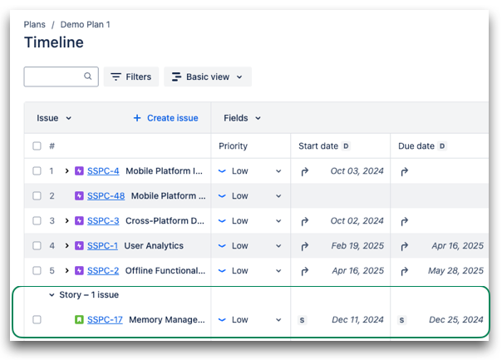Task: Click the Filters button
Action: pyautogui.click(x=131, y=77)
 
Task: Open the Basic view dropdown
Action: pyautogui.click(x=207, y=77)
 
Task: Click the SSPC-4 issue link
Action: pyautogui.click(x=103, y=171)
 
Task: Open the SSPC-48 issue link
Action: pyautogui.click(x=106, y=196)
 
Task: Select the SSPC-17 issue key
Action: pyautogui.click(x=105, y=319)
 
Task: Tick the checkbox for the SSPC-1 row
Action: pyautogui.click(x=37, y=246)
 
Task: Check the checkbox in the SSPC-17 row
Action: pyautogui.click(x=37, y=319)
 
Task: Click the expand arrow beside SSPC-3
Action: pyautogui.click(x=66, y=221)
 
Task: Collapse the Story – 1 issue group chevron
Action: pyautogui.click(x=52, y=295)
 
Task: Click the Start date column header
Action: pyautogui.click(x=318, y=146)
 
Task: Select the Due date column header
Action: pyautogui.click(x=416, y=146)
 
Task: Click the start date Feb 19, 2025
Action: pyautogui.click(x=357, y=246)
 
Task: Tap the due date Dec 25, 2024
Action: pyautogui.click(x=455, y=319)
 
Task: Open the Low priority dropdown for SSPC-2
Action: pyautogui.click(x=250, y=271)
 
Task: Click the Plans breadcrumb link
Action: pyautogui.click(x=34, y=25)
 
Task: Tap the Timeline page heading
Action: pyautogui.click(x=53, y=42)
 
